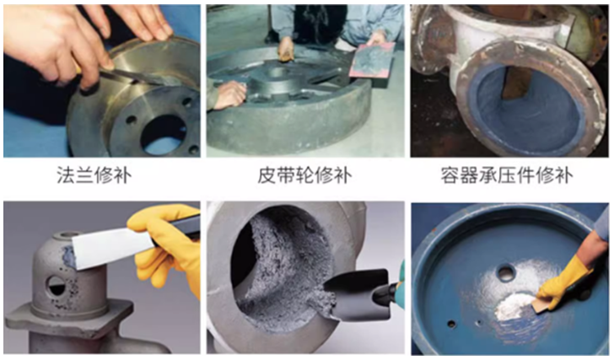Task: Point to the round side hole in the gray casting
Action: (x=56, y=282)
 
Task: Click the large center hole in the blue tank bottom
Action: (x=505, y=273)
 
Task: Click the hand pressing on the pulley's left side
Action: (x=226, y=97)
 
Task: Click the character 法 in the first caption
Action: (x=65, y=176)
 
